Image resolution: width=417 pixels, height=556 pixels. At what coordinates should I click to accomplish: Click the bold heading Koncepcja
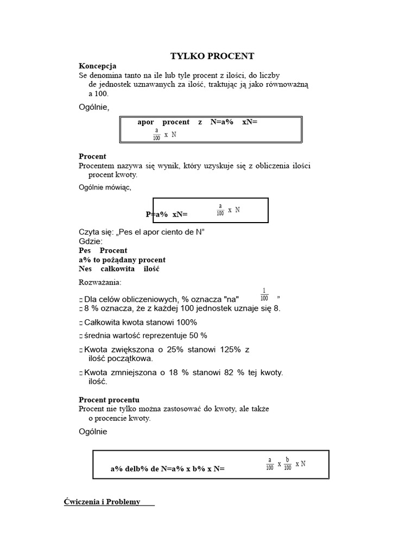click(98, 66)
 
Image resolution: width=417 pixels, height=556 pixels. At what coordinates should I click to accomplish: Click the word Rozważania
click(100, 282)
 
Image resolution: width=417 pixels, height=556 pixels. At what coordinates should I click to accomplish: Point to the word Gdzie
click(90, 241)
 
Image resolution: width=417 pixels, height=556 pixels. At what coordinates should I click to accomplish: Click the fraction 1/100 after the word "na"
click(264, 295)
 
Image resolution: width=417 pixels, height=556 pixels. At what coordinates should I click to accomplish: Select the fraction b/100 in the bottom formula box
click(288, 464)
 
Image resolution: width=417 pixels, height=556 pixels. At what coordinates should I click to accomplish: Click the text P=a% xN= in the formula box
click(167, 214)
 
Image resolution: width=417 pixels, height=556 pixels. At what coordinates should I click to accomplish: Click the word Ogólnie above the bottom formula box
click(93, 432)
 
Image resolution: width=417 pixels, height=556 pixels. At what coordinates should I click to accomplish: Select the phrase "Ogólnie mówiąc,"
click(105, 188)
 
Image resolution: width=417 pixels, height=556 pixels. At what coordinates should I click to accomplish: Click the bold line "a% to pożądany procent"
click(122, 260)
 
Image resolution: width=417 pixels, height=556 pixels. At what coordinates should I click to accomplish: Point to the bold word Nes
click(86, 269)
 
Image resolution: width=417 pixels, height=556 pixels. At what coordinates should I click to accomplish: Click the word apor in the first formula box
click(146, 122)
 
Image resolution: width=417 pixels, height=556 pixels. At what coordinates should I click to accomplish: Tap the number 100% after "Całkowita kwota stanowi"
click(182, 323)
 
